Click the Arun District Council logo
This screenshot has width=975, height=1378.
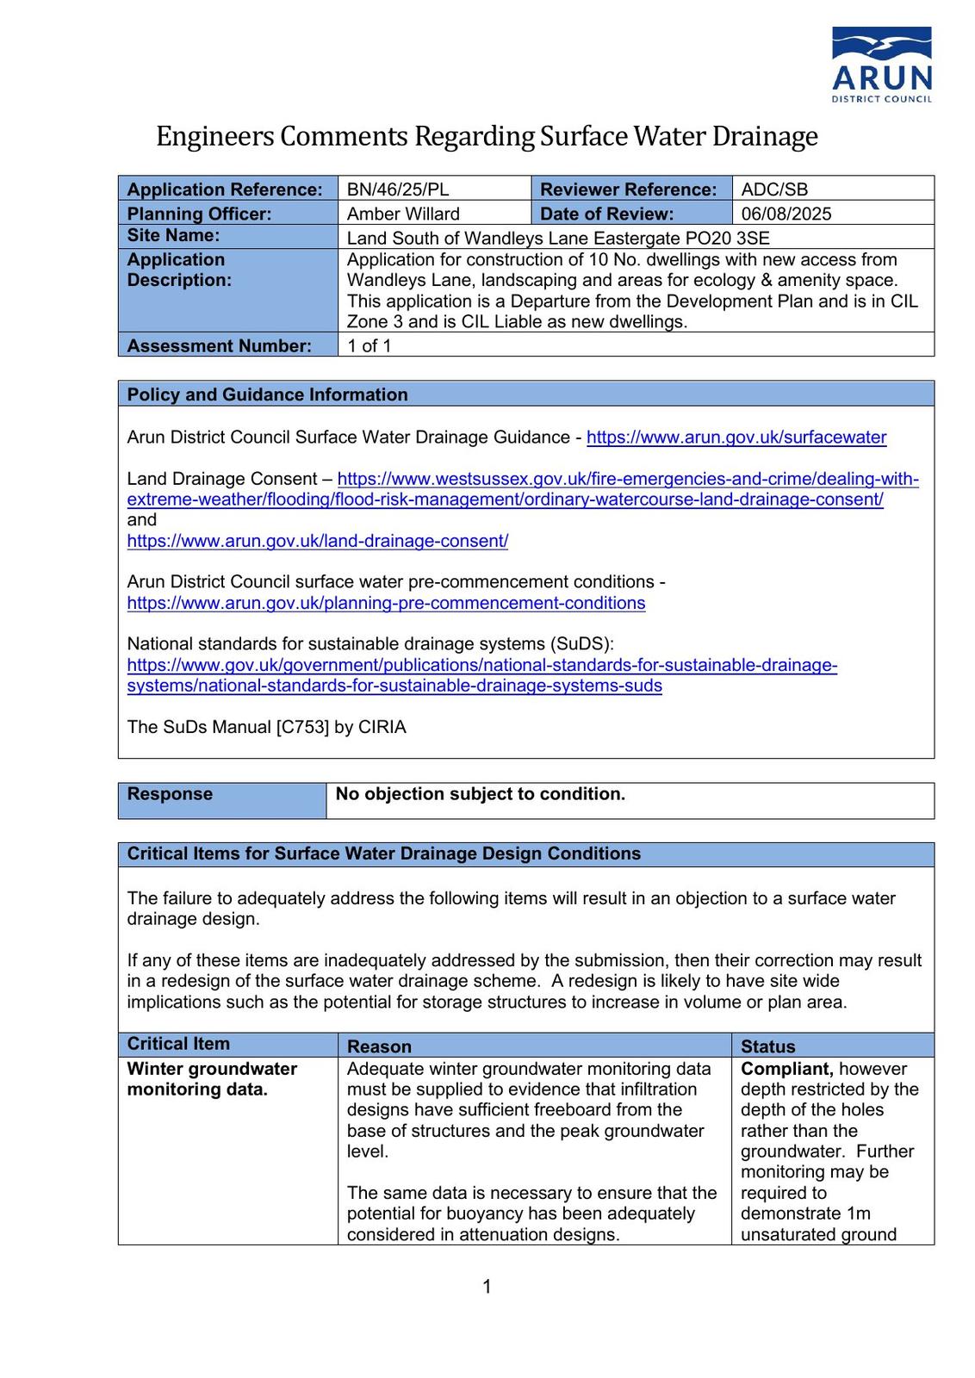[881, 65]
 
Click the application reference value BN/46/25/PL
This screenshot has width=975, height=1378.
[397, 189]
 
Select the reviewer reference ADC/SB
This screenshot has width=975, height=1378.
[774, 189]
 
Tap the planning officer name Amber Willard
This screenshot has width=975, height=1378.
[403, 214]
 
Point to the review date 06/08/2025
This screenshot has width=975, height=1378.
[786, 214]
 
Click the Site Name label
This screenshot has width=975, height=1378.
[173, 235]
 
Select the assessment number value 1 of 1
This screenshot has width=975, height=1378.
[369, 345]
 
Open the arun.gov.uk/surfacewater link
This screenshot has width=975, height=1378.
[736, 438]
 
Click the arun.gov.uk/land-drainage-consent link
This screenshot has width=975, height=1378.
[317, 541]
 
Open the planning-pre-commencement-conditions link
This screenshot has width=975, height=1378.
[386, 603]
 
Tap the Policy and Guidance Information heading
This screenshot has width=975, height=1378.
[267, 394]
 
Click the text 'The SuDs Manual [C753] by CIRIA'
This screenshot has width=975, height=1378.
[266, 727]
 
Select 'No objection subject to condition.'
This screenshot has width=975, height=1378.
[480, 794]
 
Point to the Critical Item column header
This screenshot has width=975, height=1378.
[178, 1044]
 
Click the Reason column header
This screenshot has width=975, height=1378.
[379, 1046]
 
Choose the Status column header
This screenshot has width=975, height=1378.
[767, 1046]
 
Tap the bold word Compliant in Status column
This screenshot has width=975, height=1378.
[786, 1069]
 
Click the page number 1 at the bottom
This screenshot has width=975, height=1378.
[487, 1287]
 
